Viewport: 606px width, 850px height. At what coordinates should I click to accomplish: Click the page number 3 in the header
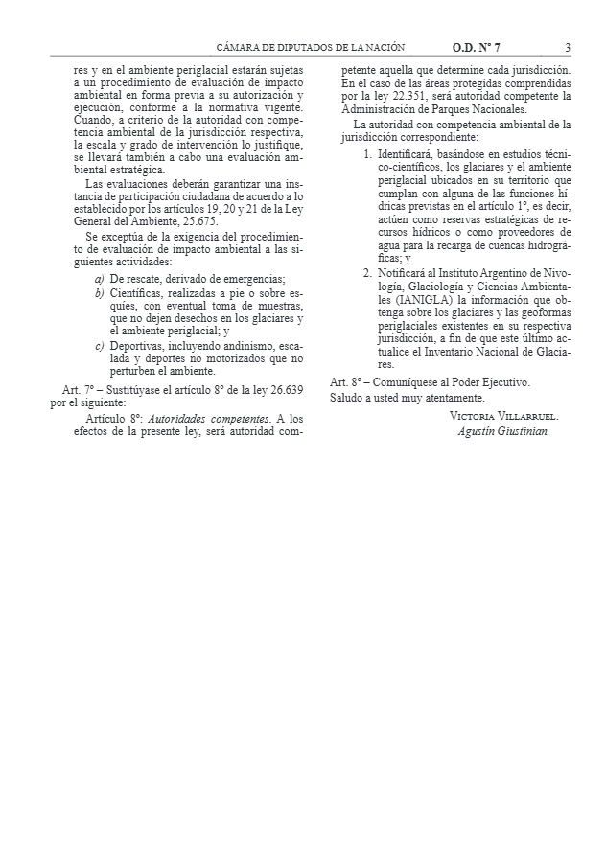[x=568, y=47]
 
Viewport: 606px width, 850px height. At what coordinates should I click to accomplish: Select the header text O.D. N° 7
[x=477, y=47]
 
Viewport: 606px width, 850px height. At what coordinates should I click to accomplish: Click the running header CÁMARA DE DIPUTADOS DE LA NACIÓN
[x=311, y=47]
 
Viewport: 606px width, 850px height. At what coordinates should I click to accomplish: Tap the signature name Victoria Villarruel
[x=503, y=416]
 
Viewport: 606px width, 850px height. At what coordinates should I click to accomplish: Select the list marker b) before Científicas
[x=100, y=292]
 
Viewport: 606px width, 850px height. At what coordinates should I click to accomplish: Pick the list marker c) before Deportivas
[x=100, y=345]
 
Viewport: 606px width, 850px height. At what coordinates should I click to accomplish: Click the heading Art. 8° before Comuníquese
[x=345, y=382]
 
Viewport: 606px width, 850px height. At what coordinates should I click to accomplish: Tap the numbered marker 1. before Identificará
[x=369, y=153]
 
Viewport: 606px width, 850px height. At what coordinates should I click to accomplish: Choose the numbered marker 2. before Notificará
[x=369, y=272]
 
